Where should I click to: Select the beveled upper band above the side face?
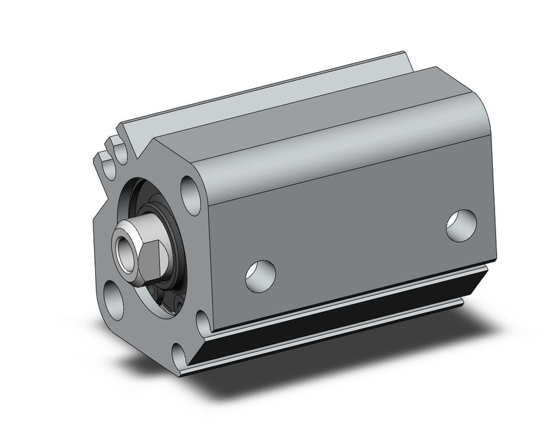(x=336, y=151)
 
